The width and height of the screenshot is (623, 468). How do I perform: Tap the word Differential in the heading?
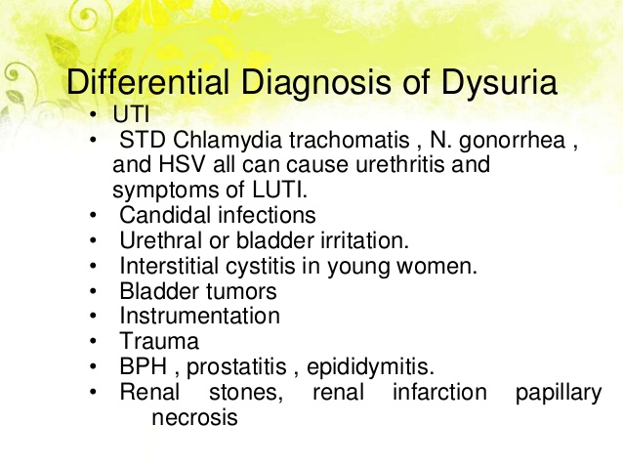139,83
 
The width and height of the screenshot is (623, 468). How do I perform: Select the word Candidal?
161,214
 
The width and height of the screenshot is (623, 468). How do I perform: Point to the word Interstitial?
172,265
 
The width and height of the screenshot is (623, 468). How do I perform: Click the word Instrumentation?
199,317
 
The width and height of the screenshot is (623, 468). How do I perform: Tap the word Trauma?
159,342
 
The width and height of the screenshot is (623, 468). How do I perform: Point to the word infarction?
438,394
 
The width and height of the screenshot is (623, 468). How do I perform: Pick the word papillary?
559,394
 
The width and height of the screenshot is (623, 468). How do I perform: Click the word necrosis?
194,418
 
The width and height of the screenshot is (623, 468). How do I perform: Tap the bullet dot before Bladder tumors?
91,291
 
